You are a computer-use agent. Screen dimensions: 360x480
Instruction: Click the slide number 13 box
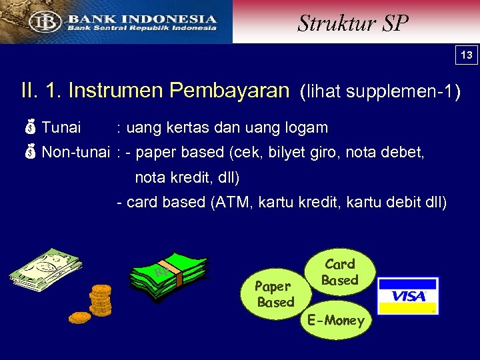[467, 55]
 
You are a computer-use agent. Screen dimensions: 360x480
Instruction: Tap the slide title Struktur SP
[353, 23]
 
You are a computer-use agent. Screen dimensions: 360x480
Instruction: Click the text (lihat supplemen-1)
[380, 91]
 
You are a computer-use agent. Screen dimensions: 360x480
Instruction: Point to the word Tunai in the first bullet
[61, 127]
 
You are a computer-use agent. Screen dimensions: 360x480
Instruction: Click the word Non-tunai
[75, 152]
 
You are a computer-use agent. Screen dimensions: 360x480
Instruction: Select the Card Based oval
[339, 272]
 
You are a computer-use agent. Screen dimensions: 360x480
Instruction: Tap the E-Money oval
[336, 321]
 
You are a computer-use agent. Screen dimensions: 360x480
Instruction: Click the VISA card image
[408, 295]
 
